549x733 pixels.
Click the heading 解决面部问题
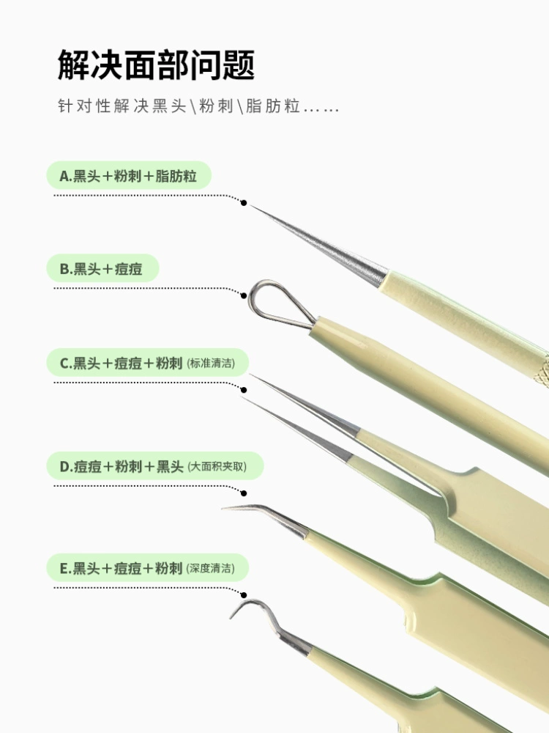click(x=156, y=65)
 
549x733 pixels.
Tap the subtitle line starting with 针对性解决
click(x=198, y=106)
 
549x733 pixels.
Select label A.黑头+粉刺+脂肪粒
click(x=128, y=176)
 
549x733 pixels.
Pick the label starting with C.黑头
click(x=147, y=363)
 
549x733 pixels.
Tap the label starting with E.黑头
click(x=147, y=568)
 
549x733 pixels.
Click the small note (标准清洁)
click(x=211, y=364)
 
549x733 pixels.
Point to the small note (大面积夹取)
click(x=217, y=466)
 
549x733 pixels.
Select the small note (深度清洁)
click(x=211, y=569)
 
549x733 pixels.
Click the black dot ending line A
click(x=243, y=202)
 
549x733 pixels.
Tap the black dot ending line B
click(x=243, y=295)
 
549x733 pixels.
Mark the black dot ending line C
click(x=243, y=390)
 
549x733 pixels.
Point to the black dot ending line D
click(x=243, y=493)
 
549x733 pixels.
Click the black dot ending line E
click(x=243, y=595)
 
